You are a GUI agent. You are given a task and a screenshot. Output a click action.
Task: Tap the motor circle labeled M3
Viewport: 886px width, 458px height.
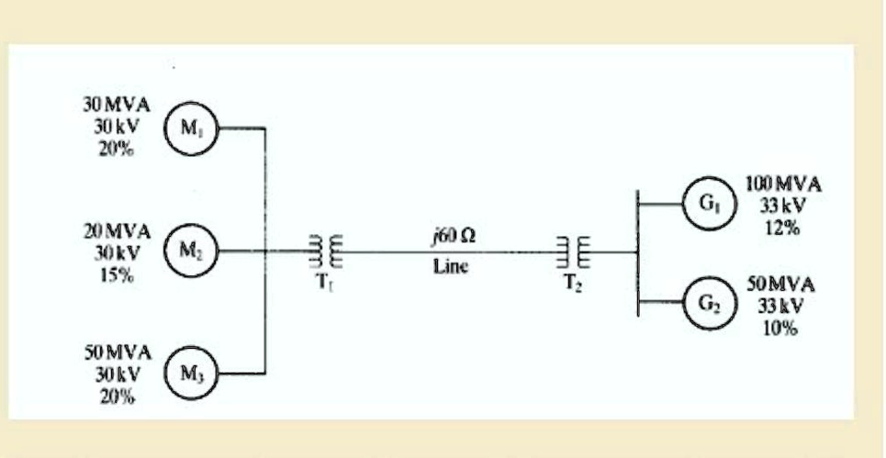[189, 374]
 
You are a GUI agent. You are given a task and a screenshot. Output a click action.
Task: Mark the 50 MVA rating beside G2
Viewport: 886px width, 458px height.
[779, 285]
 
